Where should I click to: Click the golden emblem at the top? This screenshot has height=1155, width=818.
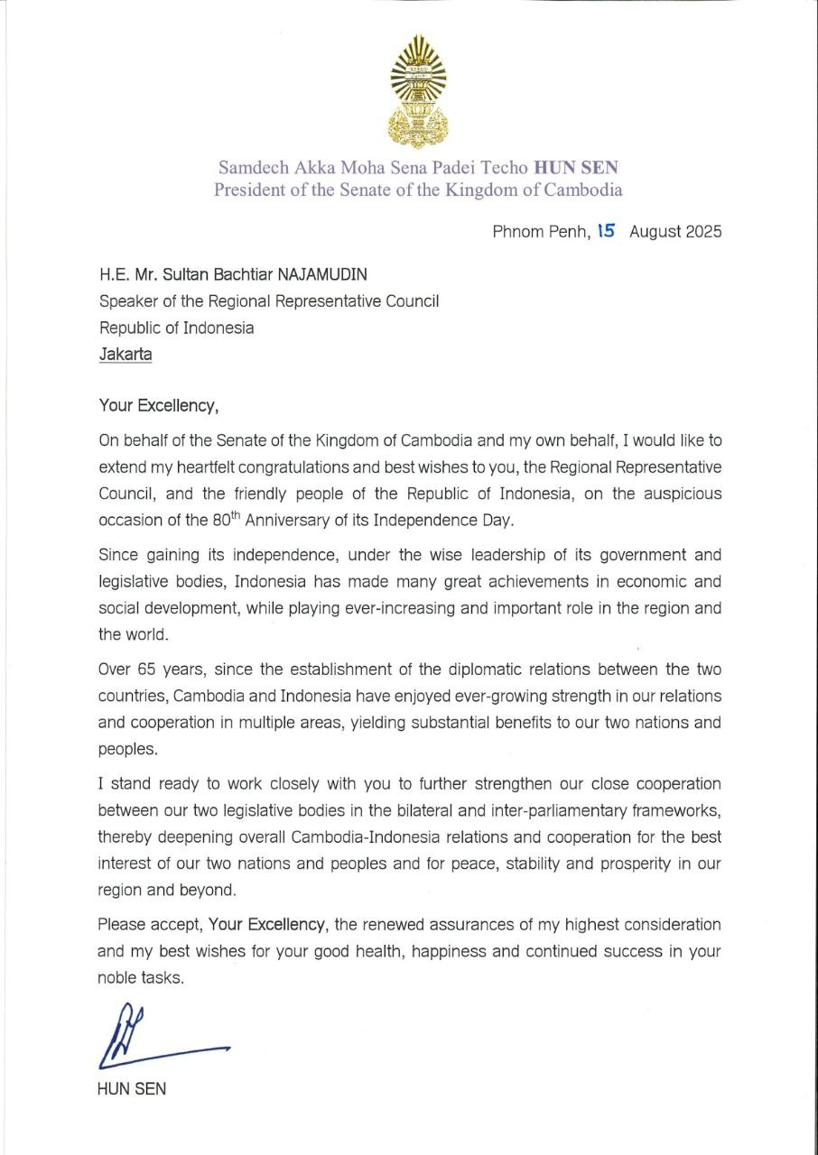pos(417,91)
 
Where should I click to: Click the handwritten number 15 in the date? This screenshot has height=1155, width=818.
pos(606,231)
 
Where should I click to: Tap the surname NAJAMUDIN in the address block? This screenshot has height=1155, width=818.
pos(324,274)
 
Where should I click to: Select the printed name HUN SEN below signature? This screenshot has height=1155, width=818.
pos(132,1088)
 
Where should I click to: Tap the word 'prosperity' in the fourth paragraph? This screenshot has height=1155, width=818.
pos(631,863)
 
